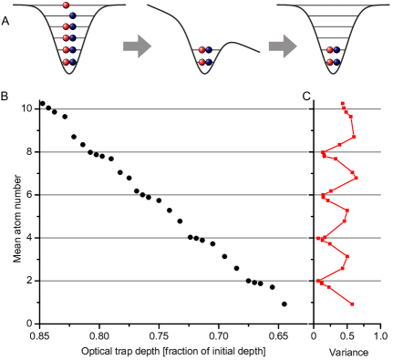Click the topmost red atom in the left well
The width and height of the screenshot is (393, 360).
[x=66, y=5]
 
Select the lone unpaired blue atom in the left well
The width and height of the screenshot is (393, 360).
[x=72, y=15]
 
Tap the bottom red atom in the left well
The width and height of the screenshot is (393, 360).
[x=66, y=62]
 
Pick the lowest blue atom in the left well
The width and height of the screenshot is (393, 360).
[x=72, y=62]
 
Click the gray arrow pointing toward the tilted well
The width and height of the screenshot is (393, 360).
[x=137, y=46]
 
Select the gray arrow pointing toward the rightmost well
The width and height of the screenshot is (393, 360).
[x=282, y=46]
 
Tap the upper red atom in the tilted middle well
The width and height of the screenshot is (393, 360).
[x=202, y=50]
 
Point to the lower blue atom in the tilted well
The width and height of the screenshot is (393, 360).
[x=208, y=62]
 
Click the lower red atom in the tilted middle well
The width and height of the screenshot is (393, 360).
[x=202, y=62]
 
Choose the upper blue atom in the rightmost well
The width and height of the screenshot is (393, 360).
[x=336, y=50]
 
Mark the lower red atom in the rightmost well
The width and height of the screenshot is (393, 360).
[x=329, y=62]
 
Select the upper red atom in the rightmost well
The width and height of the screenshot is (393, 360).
[x=329, y=50]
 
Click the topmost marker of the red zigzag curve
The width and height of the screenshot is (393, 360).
[x=342, y=104]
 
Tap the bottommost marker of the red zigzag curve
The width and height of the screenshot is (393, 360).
[x=352, y=303]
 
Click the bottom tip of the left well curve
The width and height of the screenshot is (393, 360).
[x=69, y=72]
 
